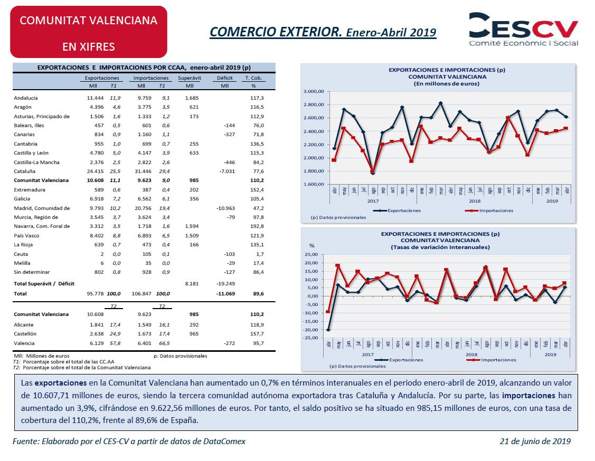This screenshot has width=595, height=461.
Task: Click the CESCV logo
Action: pyautogui.click(x=523, y=29)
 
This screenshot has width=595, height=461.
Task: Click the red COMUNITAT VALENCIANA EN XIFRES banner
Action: pyautogui.click(x=89, y=32)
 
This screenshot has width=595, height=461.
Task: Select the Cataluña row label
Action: pyautogui.click(x=25, y=171)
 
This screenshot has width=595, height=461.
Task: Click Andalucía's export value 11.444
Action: pyautogui.click(x=95, y=98)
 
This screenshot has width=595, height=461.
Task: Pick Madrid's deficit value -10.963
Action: pyautogui.click(x=225, y=208)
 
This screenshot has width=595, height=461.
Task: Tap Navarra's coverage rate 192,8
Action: pyautogui.click(x=257, y=226)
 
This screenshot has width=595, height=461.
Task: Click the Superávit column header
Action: pyautogui.click(x=190, y=78)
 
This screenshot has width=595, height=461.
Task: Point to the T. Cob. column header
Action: pyautogui.click(x=253, y=78)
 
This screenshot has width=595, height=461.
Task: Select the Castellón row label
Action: pyautogui.click(x=25, y=334)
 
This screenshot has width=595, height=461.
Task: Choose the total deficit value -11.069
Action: pyautogui.click(x=225, y=294)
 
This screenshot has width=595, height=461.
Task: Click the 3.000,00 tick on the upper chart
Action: pyautogui.click(x=314, y=91)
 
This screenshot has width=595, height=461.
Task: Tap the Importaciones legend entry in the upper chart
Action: pyautogui.click(x=489, y=211)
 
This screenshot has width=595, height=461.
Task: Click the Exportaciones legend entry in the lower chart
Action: pyautogui.click(x=399, y=360)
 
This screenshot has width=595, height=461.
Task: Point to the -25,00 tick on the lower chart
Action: pyautogui.click(x=311, y=338)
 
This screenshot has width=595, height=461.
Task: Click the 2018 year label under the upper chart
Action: pyautogui.click(x=474, y=201)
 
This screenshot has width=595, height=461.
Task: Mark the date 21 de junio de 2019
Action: pyautogui.click(x=535, y=441)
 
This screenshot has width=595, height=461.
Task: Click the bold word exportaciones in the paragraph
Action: pyautogui.click(x=61, y=383)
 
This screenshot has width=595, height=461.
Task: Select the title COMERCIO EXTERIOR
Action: pyautogui.click(x=276, y=32)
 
